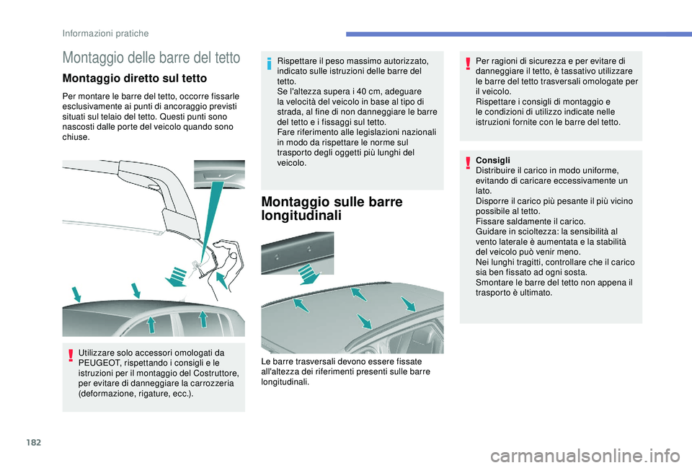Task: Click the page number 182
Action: tap(34, 442)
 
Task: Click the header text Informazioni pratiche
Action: tap(105, 34)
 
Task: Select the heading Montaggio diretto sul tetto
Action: tap(135, 78)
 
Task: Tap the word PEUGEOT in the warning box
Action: tap(99, 363)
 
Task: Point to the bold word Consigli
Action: tap(492, 160)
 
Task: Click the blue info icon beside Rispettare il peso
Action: tap(268, 64)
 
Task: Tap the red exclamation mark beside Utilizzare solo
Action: tap(70, 356)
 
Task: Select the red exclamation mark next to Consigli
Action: tap(467, 164)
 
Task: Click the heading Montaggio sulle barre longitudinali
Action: tap(332, 208)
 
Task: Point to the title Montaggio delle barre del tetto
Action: tap(151, 58)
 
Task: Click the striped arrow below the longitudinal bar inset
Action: tap(309, 274)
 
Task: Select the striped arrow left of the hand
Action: tap(177, 277)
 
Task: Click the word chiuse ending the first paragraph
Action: tap(76, 137)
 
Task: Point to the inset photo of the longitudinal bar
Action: tap(298, 253)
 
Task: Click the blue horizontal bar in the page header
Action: tap(519, 34)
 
